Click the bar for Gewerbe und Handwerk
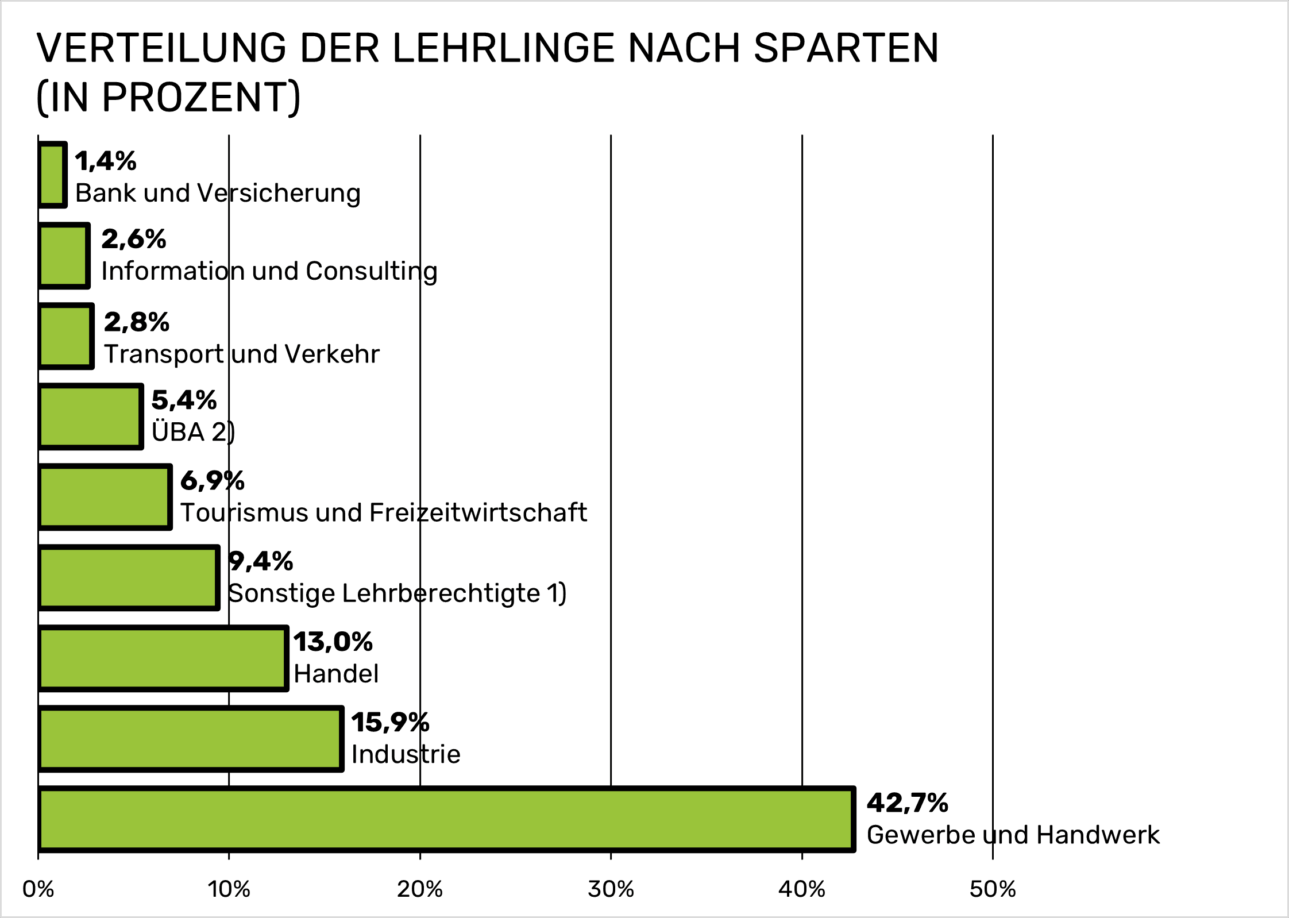446,819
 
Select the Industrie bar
191,739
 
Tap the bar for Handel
163,658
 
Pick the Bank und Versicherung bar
52,175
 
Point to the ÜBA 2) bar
90,416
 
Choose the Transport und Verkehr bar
66,336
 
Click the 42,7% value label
907,803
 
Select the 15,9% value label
390,722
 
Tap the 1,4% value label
106,161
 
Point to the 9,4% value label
261,561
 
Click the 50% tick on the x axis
992,889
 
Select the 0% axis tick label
38,889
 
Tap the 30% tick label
611,889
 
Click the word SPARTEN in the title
846,48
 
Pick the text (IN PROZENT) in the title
168,97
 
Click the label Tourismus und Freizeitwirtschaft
384,512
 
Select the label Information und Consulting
269,271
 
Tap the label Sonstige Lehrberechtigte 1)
397,593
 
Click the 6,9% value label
213,481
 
